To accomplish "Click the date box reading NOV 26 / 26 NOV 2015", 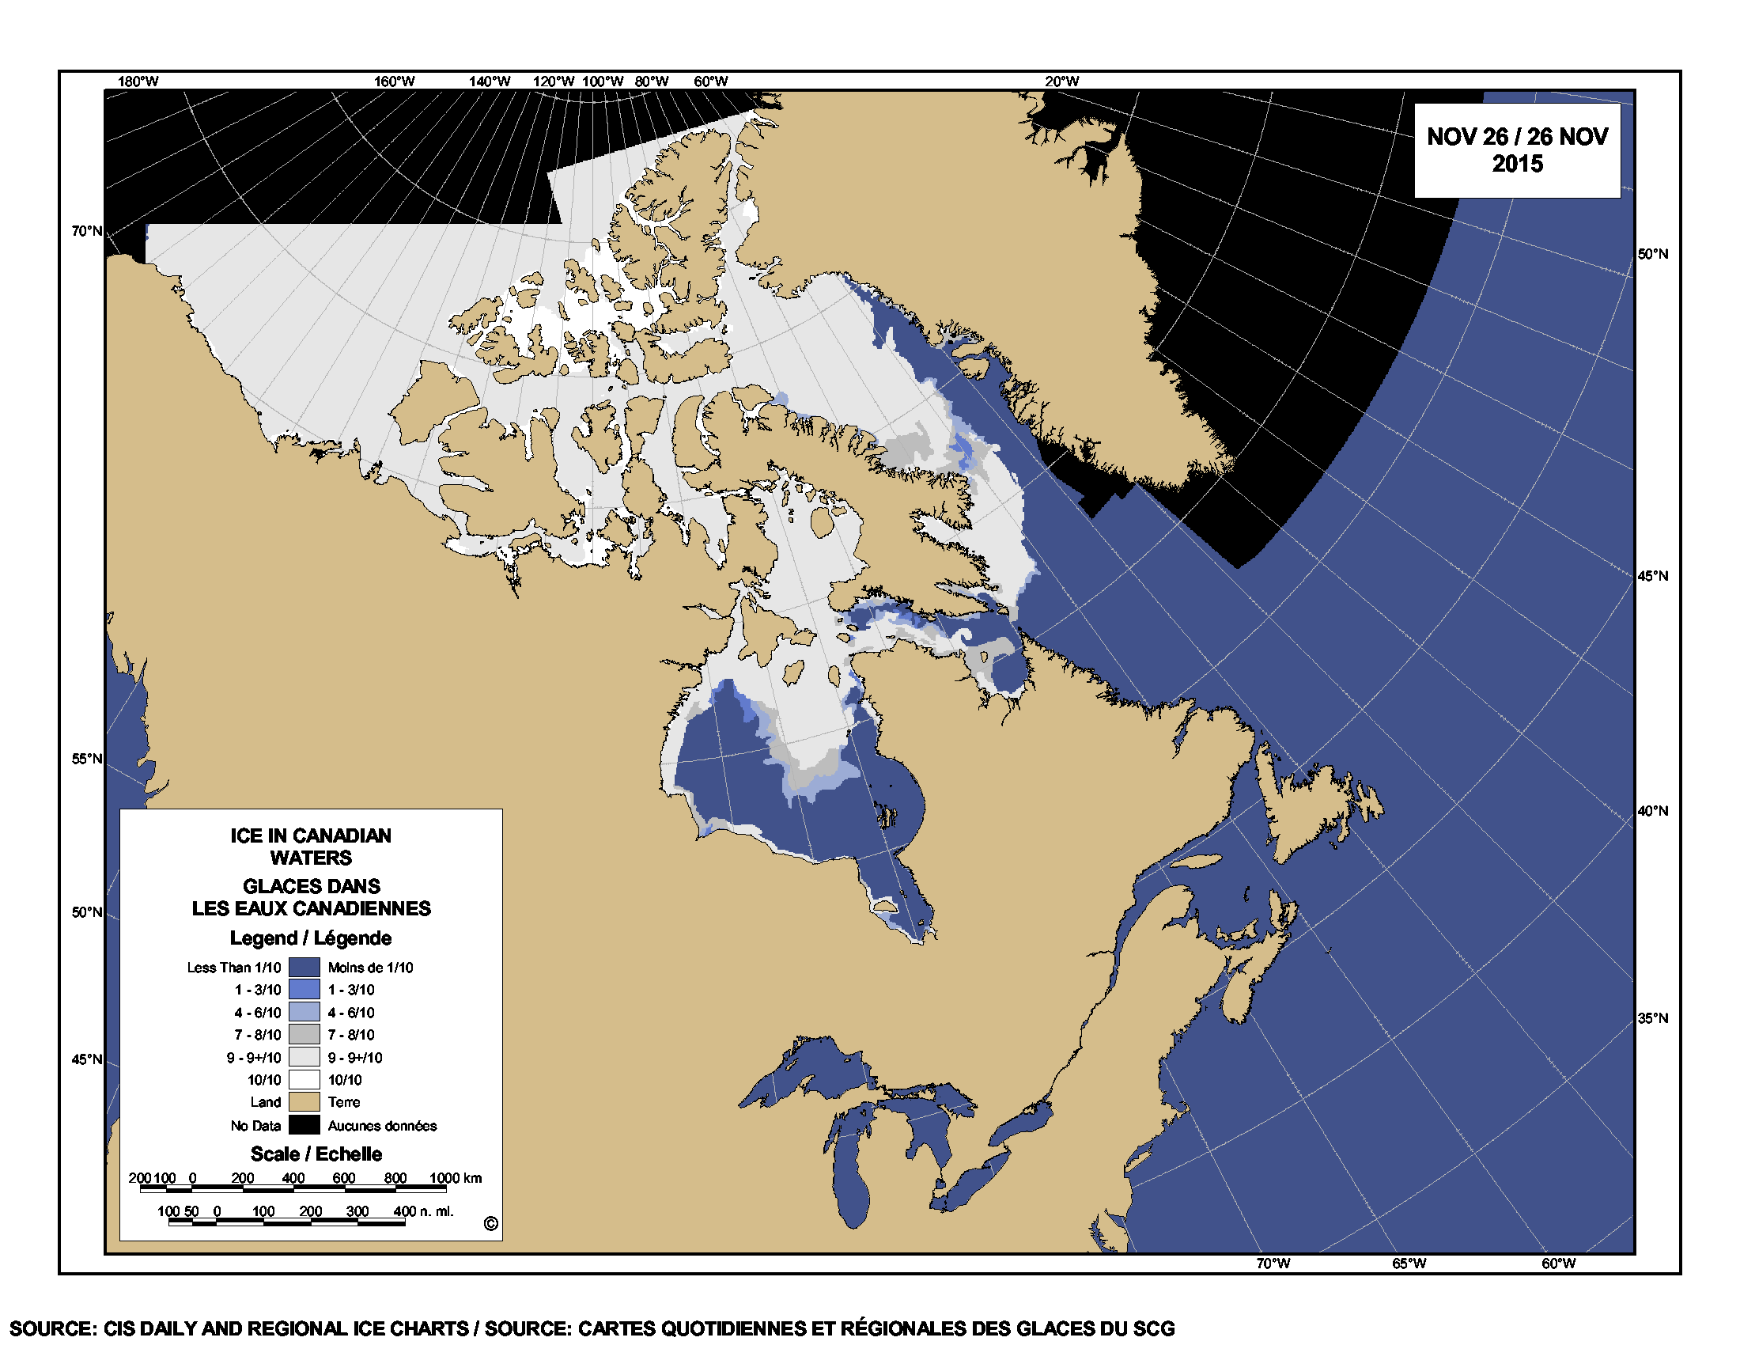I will point(1516,150).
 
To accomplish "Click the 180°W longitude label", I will point(138,81).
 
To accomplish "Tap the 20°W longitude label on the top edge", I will point(1062,81).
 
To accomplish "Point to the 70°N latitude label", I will point(87,231).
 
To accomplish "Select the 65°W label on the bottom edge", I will point(1409,1264).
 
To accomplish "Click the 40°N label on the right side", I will point(1652,811).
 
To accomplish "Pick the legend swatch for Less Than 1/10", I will point(304,968).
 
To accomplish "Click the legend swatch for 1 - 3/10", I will point(304,990).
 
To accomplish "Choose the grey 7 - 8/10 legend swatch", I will point(304,1035).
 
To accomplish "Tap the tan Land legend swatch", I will point(304,1102).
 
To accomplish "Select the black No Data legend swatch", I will point(304,1125).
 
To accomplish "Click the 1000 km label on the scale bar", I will point(456,1178).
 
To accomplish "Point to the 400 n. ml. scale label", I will point(423,1211).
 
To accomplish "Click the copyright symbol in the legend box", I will point(491,1224).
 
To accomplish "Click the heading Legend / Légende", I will point(311,938).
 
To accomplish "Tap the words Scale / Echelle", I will point(316,1154).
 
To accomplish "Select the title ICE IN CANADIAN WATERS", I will point(311,847).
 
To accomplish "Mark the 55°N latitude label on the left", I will point(87,759).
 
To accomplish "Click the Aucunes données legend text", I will point(382,1126).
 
